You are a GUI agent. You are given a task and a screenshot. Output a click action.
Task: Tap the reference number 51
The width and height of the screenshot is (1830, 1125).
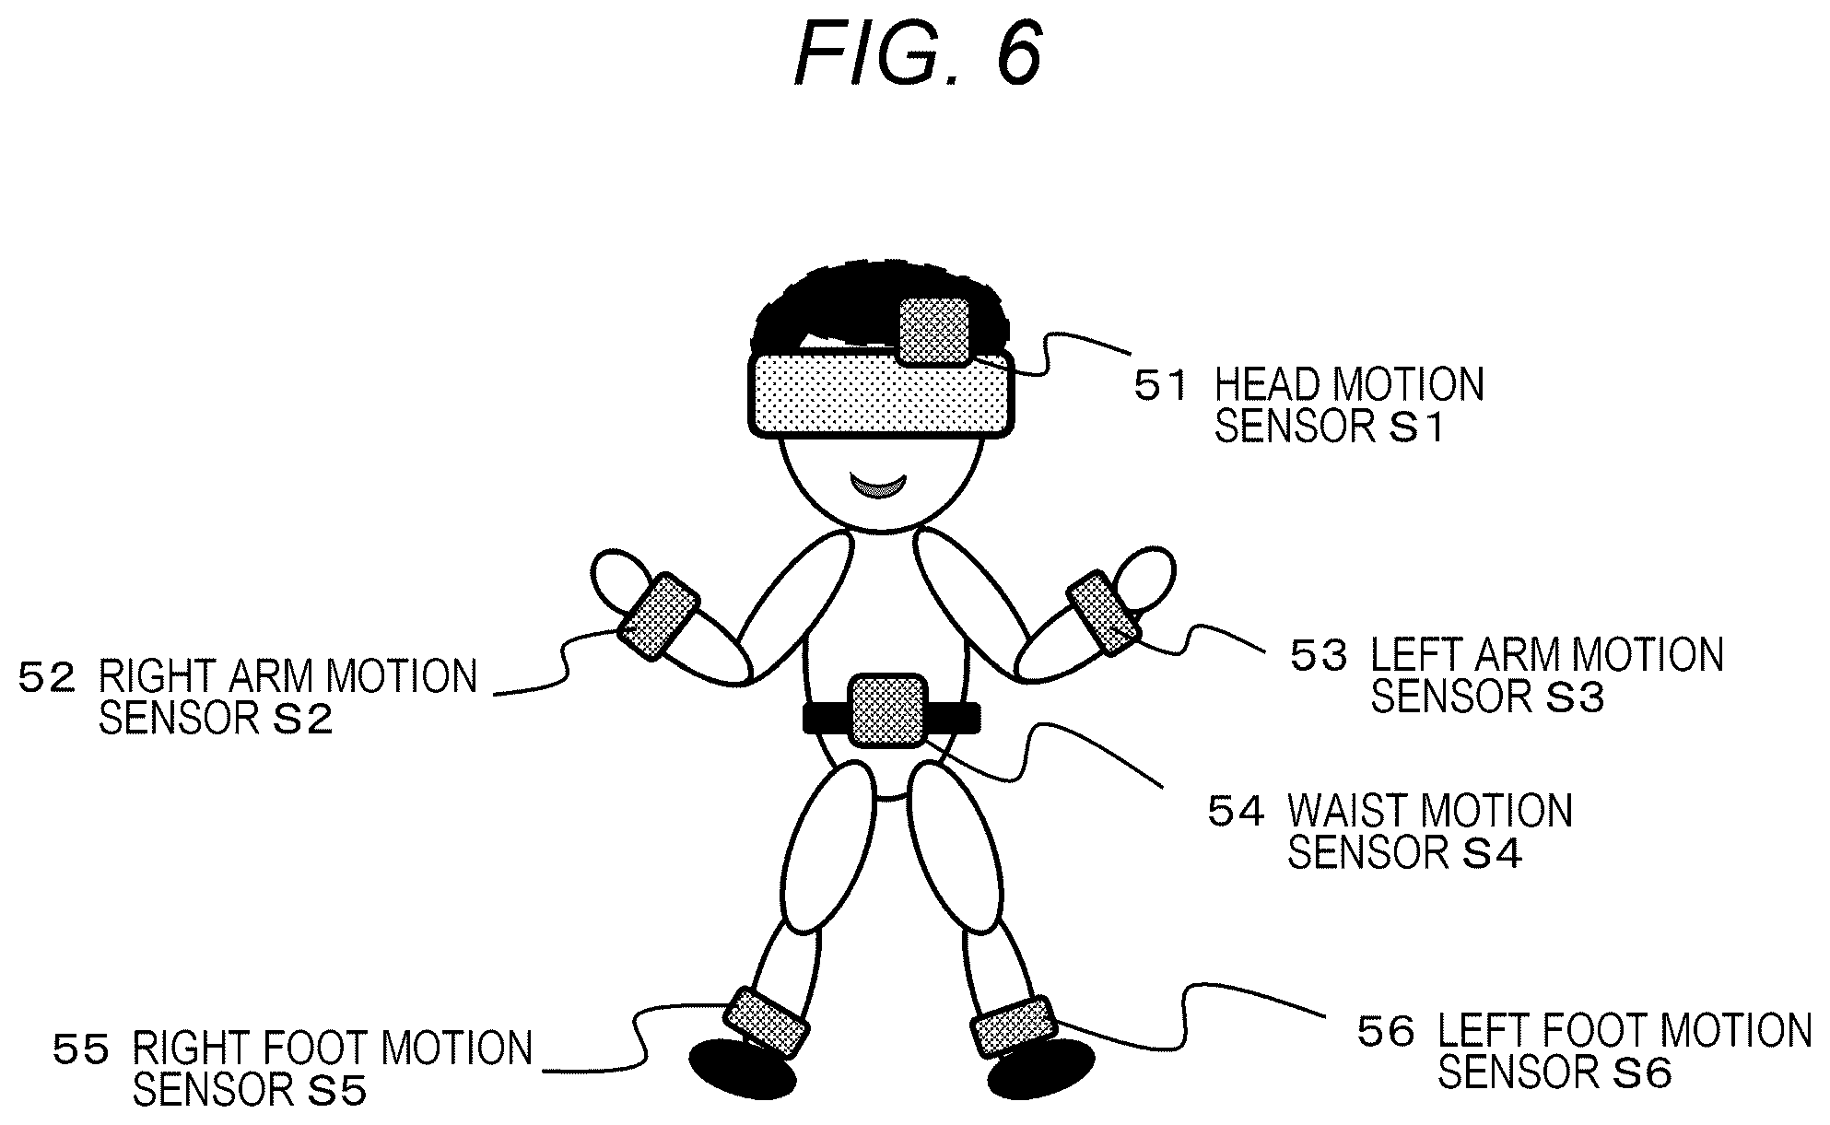pyautogui.click(x=1161, y=387)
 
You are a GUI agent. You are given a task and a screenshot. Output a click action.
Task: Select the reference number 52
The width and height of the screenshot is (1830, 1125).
pyautogui.click(x=46, y=678)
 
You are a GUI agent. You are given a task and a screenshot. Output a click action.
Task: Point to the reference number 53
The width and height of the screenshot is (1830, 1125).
pyautogui.click(x=1319, y=656)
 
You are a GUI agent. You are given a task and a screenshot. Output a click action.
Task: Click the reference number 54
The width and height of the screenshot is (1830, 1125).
pyautogui.click(x=1236, y=812)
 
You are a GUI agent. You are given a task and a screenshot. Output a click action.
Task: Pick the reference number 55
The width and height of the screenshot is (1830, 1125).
pyautogui.click(x=81, y=1050)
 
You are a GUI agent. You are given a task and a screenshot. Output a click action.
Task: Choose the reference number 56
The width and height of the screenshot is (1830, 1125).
pyautogui.click(x=1386, y=1032)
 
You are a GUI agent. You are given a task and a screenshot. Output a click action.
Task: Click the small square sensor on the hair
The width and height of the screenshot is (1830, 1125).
pyautogui.click(x=934, y=331)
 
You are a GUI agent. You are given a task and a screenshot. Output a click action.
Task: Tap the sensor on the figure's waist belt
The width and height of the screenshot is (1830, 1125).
pyautogui.click(x=886, y=710)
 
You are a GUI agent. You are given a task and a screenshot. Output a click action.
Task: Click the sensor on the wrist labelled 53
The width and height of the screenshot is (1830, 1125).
pyautogui.click(x=1103, y=613)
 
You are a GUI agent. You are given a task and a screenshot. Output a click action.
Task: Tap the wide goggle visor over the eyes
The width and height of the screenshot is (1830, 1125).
pyautogui.click(x=882, y=393)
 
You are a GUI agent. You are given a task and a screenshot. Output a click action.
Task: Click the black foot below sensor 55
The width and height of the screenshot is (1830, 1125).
pyautogui.click(x=743, y=1069)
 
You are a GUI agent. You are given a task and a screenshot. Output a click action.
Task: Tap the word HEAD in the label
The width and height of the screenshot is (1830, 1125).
pyautogui.click(x=1262, y=385)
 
